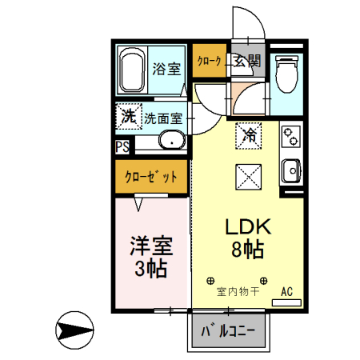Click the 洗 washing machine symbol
[127, 116]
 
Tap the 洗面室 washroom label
[163, 118]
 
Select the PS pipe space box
[122, 146]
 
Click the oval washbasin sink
[170, 142]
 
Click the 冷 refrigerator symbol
[249, 134]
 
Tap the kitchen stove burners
[289, 136]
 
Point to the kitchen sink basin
[290, 170]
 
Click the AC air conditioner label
[287, 291]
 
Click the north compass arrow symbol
[76, 330]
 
